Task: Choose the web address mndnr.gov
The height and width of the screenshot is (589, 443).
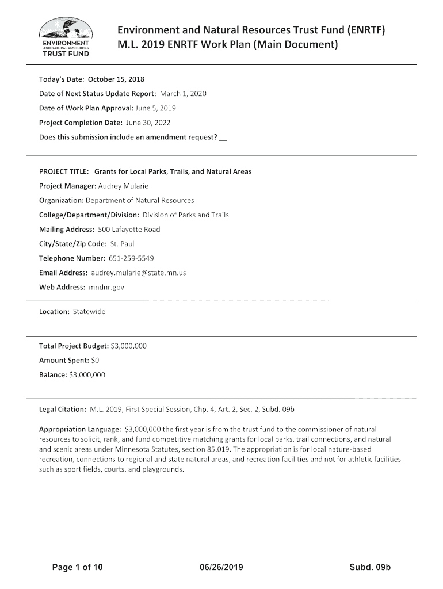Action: tap(107, 286)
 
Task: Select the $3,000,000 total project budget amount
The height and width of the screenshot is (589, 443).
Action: tap(129, 346)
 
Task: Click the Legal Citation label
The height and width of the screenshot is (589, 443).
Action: tap(62, 409)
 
